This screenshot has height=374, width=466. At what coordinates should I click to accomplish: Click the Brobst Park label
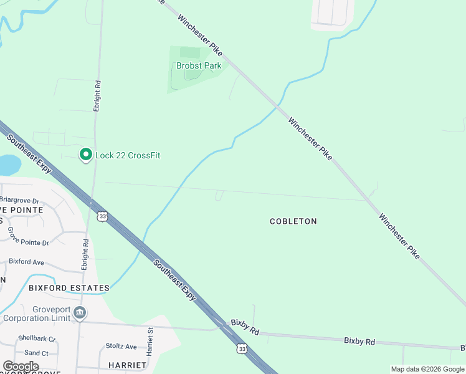pyautogui.click(x=199, y=65)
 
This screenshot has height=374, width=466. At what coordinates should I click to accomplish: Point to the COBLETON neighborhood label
pyautogui.click(x=293, y=221)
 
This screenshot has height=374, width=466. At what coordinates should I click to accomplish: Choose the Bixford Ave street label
pyautogui.click(x=26, y=263)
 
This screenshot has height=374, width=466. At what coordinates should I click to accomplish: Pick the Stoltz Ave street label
pyautogui.click(x=121, y=347)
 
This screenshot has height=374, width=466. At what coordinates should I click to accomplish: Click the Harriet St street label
pyautogui.click(x=150, y=342)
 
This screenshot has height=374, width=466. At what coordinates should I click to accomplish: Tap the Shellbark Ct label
pyautogui.click(x=37, y=338)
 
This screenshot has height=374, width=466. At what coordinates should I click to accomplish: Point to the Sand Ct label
pyautogui.click(x=36, y=353)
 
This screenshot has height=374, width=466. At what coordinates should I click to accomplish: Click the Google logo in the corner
pyautogui.click(x=21, y=367)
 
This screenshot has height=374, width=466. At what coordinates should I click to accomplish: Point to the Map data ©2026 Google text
pyautogui.click(x=427, y=369)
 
